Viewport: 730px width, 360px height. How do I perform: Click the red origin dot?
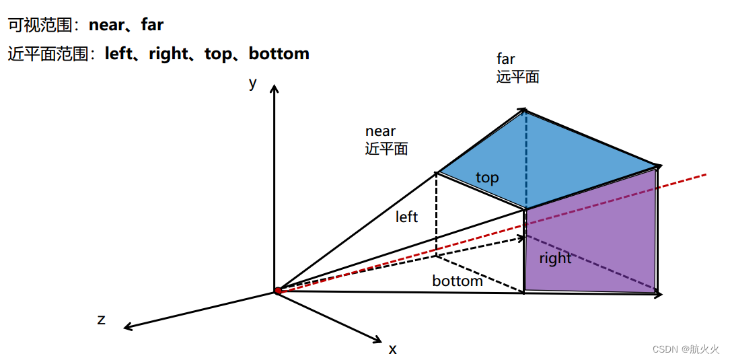pyautogui.click(x=278, y=291)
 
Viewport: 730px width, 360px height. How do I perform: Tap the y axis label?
pyautogui.click(x=253, y=83)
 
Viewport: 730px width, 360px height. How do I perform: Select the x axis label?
pyautogui.click(x=392, y=349)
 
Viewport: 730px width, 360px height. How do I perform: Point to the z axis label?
pyautogui.click(x=102, y=320)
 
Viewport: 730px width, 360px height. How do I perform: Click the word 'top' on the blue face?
pyautogui.click(x=487, y=178)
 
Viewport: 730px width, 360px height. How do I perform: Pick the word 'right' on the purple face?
pyautogui.click(x=555, y=258)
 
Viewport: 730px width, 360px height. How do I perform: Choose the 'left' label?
pyautogui.click(x=406, y=217)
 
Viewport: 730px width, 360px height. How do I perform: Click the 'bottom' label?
pyautogui.click(x=458, y=281)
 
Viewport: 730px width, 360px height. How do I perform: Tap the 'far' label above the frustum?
pyautogui.click(x=505, y=59)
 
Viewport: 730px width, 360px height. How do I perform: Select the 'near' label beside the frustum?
pyautogui.click(x=380, y=131)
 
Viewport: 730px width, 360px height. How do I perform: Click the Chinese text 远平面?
pyautogui.click(x=518, y=77)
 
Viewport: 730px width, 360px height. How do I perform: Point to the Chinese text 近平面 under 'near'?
pyautogui.click(x=387, y=149)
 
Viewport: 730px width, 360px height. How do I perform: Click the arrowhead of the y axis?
pyautogui.click(x=273, y=88)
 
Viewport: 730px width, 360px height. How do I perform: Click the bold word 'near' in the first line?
pyautogui.click(x=107, y=26)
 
